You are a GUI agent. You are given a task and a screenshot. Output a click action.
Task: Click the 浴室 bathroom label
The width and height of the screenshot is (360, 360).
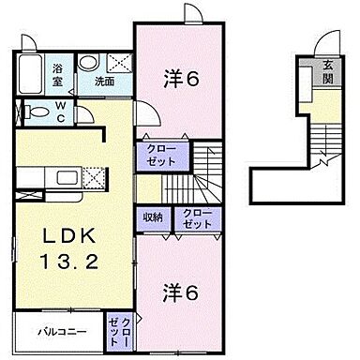(x=57, y=74)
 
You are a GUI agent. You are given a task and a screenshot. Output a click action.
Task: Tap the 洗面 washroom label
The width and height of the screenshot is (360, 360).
(x=104, y=82)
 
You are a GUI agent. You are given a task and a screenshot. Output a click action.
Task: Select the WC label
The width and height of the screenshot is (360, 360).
(x=59, y=113)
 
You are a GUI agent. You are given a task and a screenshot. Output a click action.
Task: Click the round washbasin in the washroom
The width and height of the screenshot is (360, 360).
(x=87, y=63)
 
